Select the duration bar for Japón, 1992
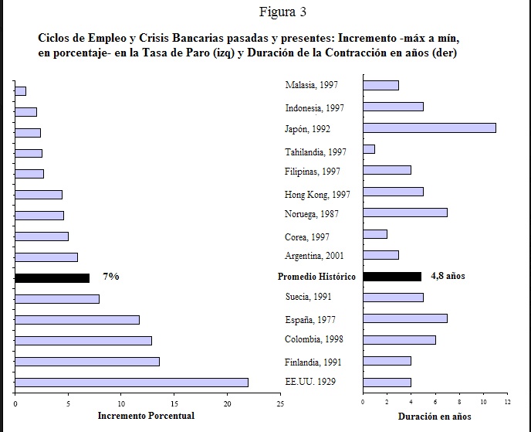(429, 128)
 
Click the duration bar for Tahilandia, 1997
(369, 149)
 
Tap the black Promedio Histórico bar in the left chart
(52, 277)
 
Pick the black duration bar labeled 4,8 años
(392, 276)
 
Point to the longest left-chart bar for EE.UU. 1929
(131, 382)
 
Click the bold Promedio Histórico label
(316, 277)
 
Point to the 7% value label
(111, 277)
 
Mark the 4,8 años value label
(447, 276)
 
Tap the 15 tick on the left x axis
(174, 403)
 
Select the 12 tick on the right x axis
(507, 402)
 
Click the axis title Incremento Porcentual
(146, 417)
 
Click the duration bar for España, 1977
(405, 318)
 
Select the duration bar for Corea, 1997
(375, 234)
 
